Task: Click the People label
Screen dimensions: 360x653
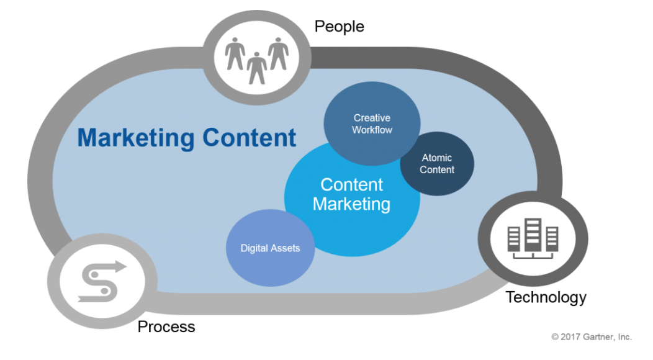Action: coord(339,26)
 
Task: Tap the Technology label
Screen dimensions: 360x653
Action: coord(546,297)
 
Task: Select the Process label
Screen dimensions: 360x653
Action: coord(166,326)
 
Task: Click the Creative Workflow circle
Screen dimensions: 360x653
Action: coord(372,124)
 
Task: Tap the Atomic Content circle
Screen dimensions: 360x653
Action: coord(437,164)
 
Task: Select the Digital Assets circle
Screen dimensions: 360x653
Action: coord(270,248)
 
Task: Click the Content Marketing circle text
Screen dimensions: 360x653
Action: coord(351,194)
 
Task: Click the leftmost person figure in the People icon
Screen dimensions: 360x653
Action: coord(235,53)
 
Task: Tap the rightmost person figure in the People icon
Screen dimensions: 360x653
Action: coord(277,53)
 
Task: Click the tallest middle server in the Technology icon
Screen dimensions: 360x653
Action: coord(533,235)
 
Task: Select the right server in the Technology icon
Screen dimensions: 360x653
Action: coord(551,238)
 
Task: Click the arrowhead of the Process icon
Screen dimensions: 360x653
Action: coord(119,268)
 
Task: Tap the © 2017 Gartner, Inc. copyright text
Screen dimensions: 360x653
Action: coord(591,337)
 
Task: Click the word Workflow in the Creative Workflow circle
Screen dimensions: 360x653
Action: coord(372,130)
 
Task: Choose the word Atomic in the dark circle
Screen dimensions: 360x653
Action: coord(437,158)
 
